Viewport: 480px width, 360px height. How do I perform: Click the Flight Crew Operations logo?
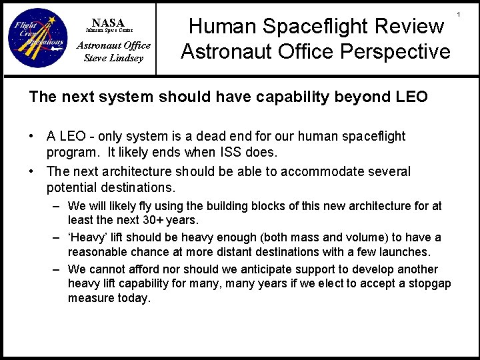pos(37,38)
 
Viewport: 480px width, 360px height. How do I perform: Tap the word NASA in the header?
pos(108,23)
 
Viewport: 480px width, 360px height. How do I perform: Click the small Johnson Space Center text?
pos(108,31)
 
